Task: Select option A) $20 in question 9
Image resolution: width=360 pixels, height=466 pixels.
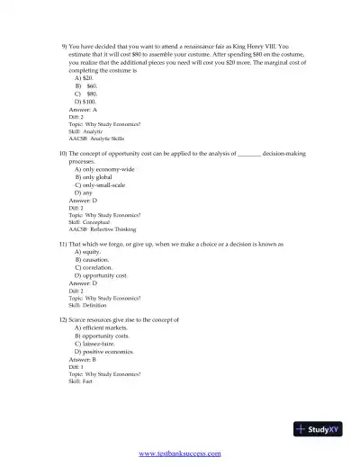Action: [83, 77]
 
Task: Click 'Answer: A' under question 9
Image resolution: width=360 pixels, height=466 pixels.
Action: [83, 109]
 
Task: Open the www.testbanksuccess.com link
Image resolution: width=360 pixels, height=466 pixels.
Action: [179, 453]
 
